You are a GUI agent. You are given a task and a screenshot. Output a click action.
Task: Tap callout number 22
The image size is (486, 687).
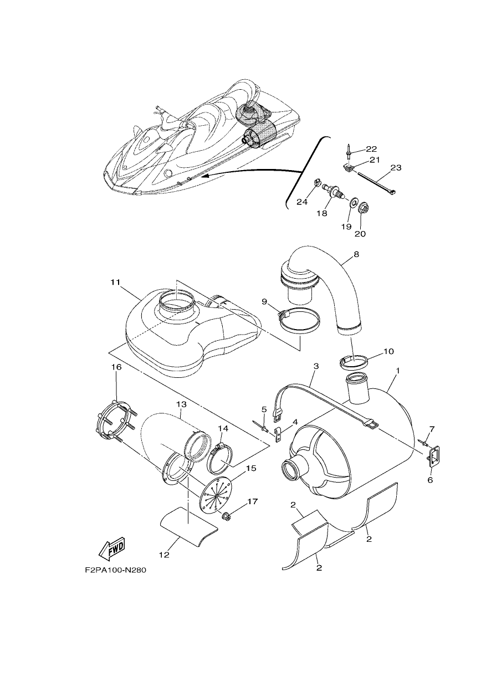click(371, 149)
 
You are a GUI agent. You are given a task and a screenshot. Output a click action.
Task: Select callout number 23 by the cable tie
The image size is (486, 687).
click(396, 168)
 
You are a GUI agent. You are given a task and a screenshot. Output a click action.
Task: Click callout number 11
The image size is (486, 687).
click(115, 282)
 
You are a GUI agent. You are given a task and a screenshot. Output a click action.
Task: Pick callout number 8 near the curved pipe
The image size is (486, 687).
click(356, 254)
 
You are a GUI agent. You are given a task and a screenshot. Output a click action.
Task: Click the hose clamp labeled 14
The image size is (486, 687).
click(221, 458)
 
